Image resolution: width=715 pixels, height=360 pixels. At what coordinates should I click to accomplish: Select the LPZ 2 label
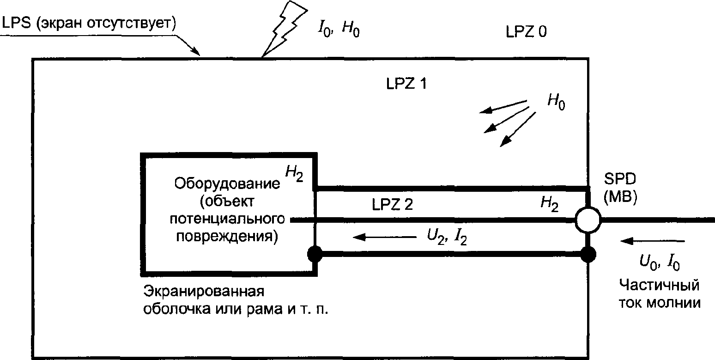coord(392,205)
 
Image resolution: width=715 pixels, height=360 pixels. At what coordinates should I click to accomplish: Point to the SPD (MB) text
coord(621,189)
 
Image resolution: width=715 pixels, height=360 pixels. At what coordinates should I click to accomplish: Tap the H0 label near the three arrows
coord(556,102)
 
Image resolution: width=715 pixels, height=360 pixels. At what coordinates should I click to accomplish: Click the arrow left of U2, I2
coord(383,237)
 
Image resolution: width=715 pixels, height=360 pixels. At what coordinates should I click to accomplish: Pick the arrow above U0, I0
coord(652,241)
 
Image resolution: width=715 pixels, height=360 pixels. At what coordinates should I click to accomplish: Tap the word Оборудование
coord(227,183)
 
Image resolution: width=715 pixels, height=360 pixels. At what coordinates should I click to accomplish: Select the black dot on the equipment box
coord(315,253)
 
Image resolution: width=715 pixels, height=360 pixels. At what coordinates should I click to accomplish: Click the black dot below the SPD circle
coord(588,253)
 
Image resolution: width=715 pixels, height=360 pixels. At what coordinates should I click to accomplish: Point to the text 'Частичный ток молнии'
coord(659,294)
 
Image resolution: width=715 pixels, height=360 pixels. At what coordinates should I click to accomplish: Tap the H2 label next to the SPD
coord(549,204)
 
